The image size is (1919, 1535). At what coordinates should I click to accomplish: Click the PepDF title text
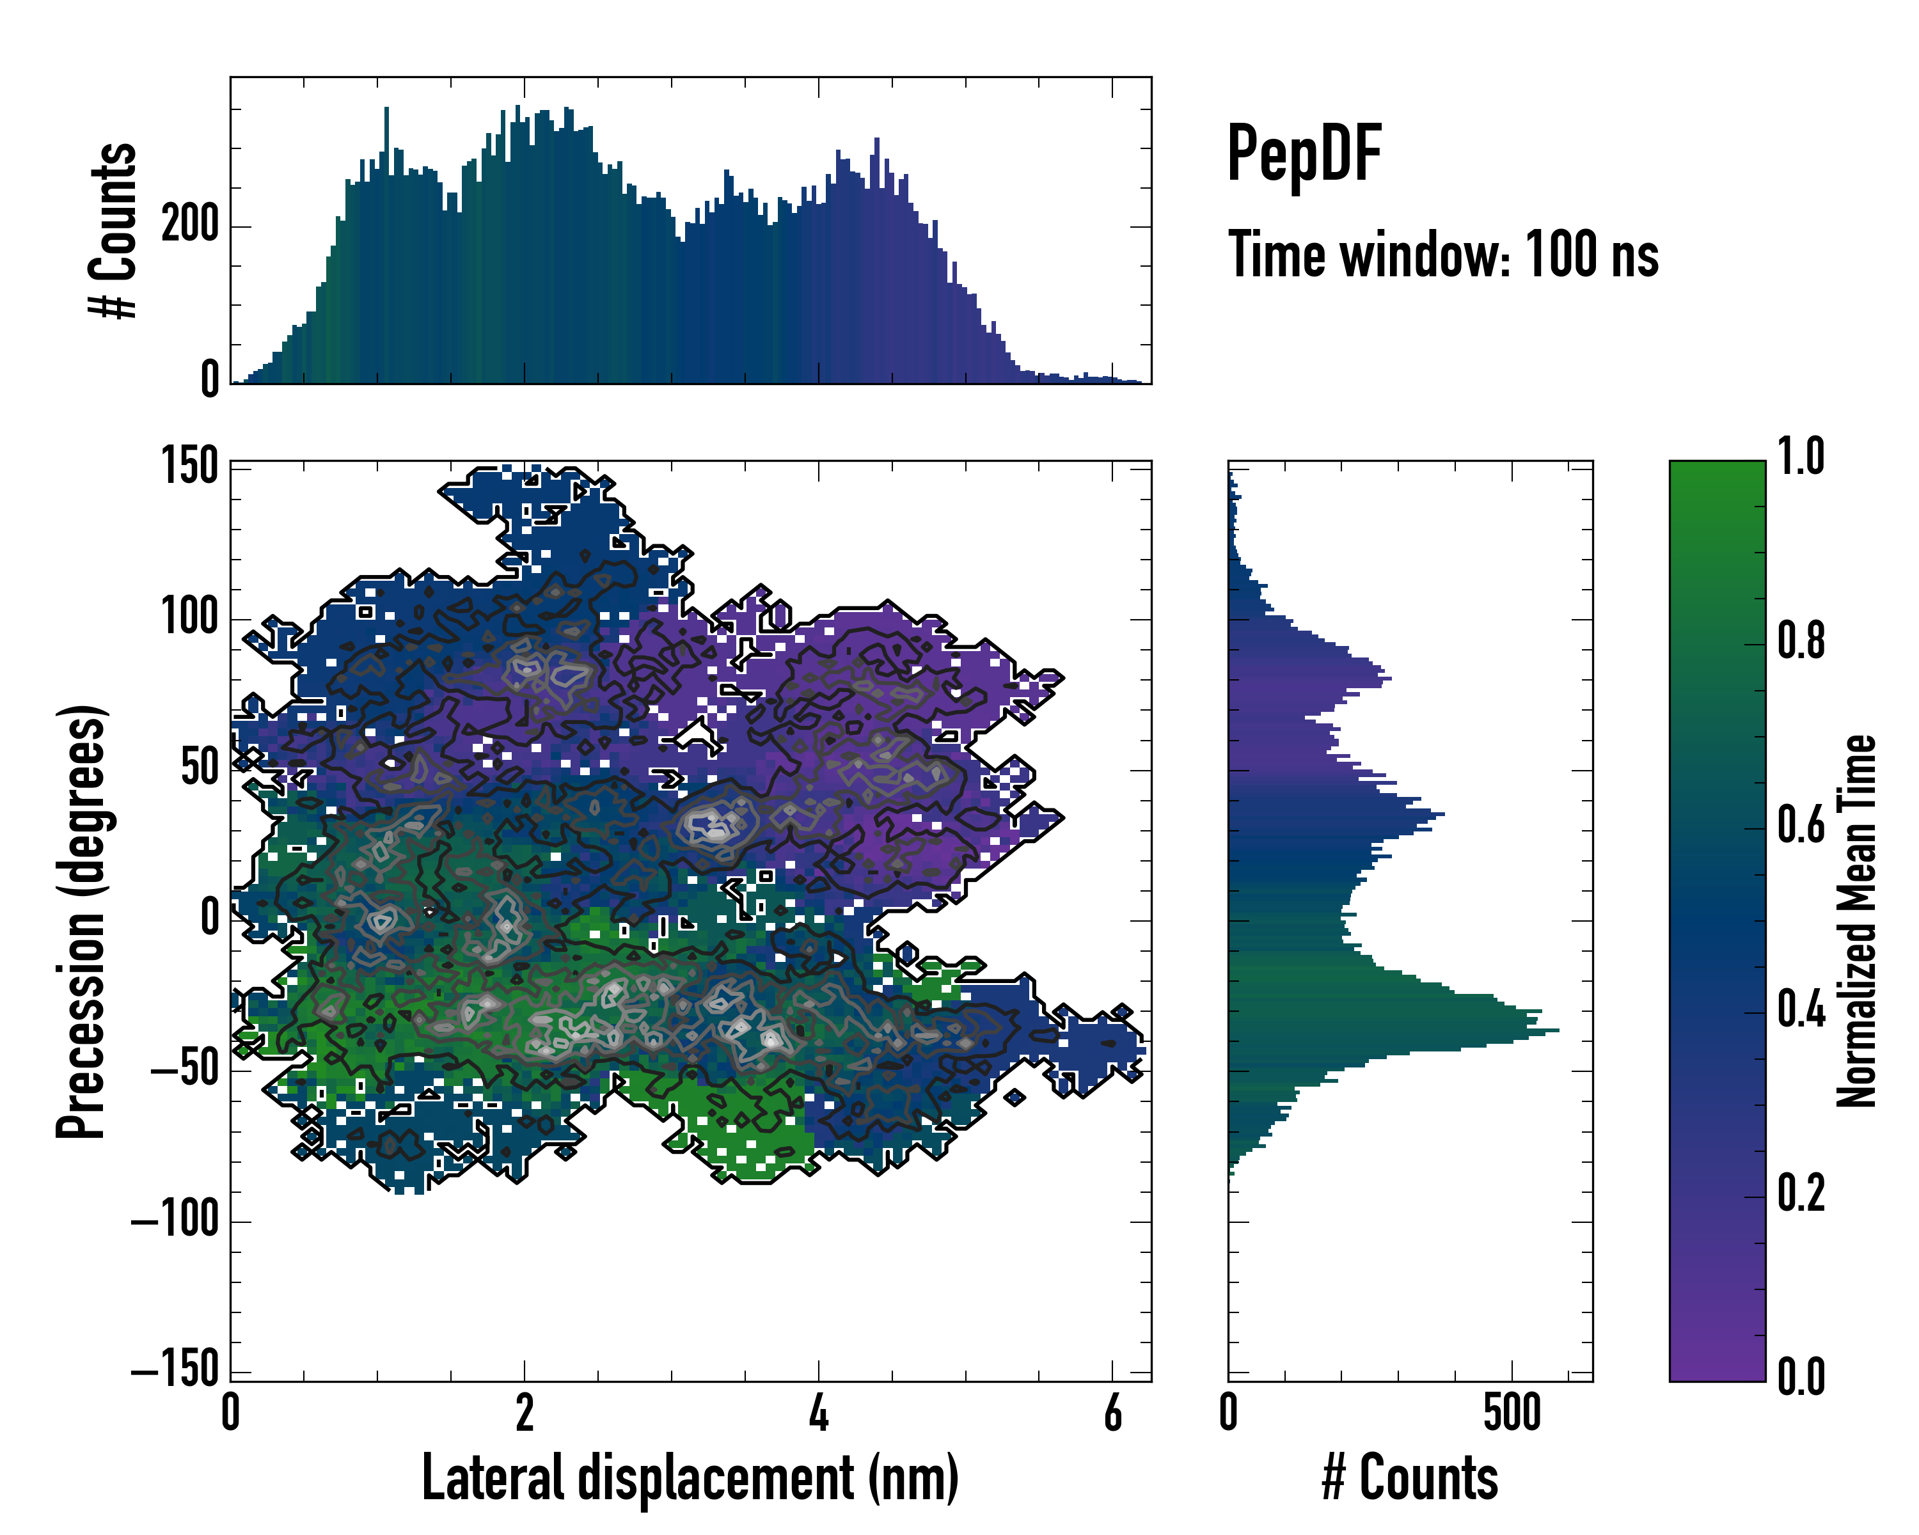(x=1304, y=154)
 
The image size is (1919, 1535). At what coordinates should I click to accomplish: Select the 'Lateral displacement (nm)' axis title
(x=690, y=1477)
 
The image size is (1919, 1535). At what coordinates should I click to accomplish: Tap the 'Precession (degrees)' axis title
(x=82, y=921)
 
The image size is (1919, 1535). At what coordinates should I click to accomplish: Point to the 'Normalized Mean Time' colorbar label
(x=1857, y=921)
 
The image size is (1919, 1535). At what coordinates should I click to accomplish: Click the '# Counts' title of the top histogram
(x=113, y=230)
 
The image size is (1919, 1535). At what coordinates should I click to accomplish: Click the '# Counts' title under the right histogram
(x=1410, y=1477)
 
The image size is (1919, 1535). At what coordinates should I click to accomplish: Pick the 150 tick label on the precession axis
(x=189, y=466)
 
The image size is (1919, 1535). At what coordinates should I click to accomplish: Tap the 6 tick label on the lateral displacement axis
(x=1112, y=1413)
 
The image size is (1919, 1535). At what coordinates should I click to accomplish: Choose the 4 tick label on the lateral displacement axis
(x=819, y=1413)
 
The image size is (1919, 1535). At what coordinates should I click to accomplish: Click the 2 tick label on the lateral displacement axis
(x=525, y=1413)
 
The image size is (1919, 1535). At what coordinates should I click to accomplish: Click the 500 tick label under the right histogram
(x=1512, y=1413)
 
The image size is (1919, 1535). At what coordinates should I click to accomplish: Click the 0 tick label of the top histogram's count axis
(x=209, y=380)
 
